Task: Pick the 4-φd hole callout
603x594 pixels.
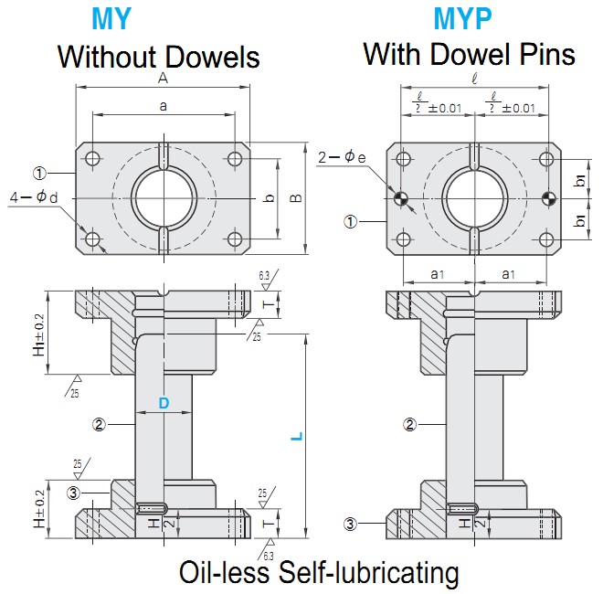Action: pyautogui.click(x=36, y=197)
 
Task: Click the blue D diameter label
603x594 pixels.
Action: pyautogui.click(x=164, y=403)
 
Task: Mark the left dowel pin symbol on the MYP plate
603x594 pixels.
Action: pyautogui.click(x=400, y=198)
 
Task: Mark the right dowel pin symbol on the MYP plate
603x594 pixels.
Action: pyautogui.click(x=547, y=198)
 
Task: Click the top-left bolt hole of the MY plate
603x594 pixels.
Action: pyautogui.click(x=92, y=156)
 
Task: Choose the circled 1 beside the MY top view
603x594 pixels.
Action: pyautogui.click(x=39, y=172)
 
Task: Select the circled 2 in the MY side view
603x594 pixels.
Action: pyautogui.click(x=100, y=423)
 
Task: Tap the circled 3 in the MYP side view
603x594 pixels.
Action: pyautogui.click(x=349, y=524)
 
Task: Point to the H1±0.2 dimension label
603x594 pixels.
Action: pyautogui.click(x=38, y=334)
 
